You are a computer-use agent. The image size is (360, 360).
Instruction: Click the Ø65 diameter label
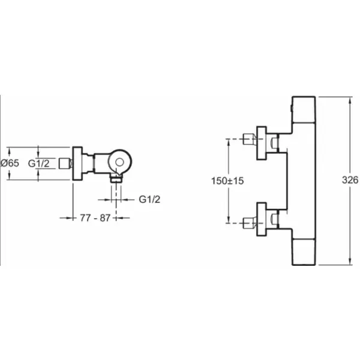click(x=11, y=163)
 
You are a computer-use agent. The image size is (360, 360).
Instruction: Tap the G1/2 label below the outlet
click(x=149, y=198)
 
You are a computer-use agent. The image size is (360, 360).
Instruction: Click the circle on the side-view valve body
click(x=121, y=162)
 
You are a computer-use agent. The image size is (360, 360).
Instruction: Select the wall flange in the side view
click(x=77, y=163)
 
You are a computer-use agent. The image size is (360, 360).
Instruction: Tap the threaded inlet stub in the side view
click(x=68, y=163)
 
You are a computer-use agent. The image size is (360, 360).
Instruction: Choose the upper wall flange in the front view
click(x=262, y=143)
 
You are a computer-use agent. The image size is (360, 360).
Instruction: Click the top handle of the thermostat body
click(x=303, y=114)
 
